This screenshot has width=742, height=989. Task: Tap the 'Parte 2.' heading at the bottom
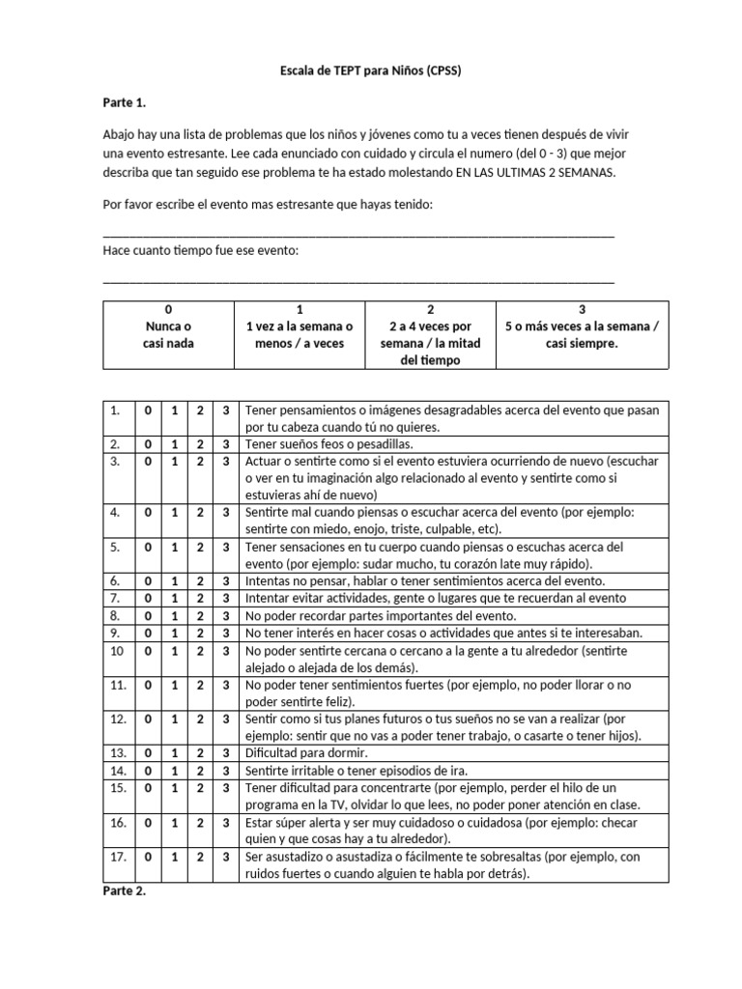(124, 890)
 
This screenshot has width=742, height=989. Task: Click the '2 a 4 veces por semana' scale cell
(430, 334)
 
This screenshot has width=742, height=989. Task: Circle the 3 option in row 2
(225, 444)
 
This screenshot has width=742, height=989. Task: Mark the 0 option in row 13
(148, 751)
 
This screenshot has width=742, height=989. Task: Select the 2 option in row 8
(200, 615)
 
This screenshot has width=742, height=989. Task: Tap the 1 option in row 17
(174, 857)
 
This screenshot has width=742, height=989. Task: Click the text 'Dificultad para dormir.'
(306, 751)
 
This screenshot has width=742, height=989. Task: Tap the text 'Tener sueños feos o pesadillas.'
(329, 444)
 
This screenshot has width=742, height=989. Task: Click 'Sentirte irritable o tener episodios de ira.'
(357, 770)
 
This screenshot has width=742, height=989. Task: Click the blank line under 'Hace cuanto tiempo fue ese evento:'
(357, 280)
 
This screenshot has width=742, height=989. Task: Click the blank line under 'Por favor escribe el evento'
(357, 234)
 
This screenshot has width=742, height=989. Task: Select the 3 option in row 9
(225, 633)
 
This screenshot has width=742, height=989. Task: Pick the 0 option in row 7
(148, 598)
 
